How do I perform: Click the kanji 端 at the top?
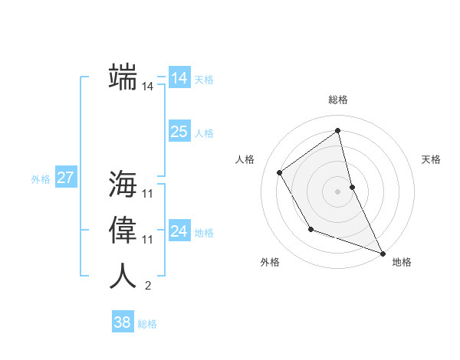123,77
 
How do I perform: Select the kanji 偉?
123,230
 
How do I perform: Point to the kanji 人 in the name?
123,276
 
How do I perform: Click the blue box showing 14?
179,78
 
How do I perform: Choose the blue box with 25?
179,132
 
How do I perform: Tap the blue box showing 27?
65,178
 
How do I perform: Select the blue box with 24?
179,231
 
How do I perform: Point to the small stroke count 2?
148,286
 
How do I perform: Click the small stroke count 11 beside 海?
148,194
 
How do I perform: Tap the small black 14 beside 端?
148,87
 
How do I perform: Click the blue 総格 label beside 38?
147,324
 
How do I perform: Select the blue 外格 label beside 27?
41,179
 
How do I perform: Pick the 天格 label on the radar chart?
431,159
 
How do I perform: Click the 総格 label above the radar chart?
338,100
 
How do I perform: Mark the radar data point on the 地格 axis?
383,253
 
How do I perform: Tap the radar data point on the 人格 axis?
280,172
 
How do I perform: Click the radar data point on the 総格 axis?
338,130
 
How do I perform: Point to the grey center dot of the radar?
338,191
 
